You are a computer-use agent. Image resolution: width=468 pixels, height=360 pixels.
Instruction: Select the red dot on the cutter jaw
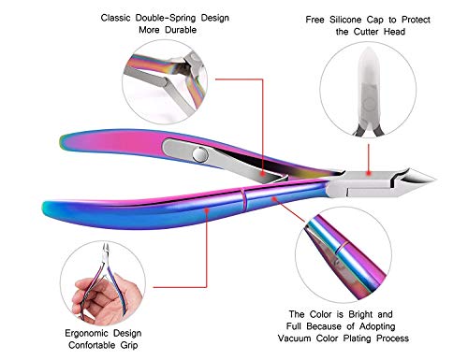coord(378,172)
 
